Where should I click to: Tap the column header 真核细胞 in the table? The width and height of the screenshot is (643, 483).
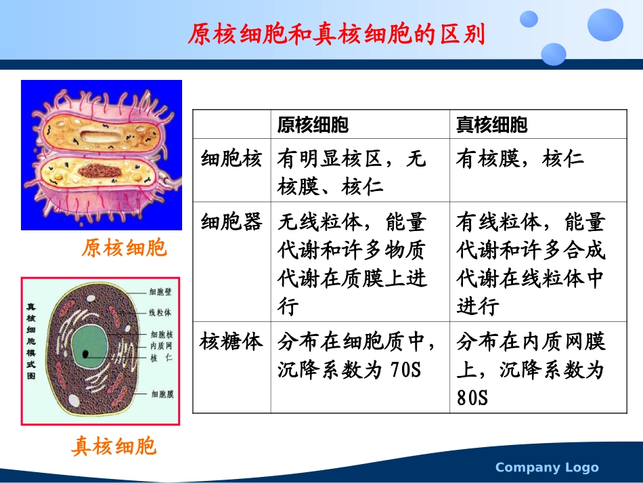click(x=491, y=125)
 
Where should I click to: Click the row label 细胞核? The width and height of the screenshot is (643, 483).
click(x=231, y=159)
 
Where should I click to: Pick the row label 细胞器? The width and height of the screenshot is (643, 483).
click(x=231, y=222)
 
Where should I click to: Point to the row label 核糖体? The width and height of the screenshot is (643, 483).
click(x=231, y=341)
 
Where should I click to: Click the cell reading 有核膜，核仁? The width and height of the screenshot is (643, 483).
click(x=520, y=159)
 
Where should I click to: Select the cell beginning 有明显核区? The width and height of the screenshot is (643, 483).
click(x=351, y=172)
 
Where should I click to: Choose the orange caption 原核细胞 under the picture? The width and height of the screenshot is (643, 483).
click(x=124, y=248)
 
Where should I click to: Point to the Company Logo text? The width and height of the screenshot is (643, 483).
click(x=547, y=467)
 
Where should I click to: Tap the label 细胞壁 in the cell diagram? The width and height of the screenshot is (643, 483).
click(x=160, y=292)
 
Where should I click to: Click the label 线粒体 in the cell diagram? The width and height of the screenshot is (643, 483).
click(x=160, y=313)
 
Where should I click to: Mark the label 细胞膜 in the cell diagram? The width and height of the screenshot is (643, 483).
click(x=162, y=394)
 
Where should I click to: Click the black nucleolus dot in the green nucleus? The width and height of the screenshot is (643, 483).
click(x=86, y=354)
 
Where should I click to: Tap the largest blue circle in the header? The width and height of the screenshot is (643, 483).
click(x=604, y=24)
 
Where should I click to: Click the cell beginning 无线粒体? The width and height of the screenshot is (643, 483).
click(x=351, y=264)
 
